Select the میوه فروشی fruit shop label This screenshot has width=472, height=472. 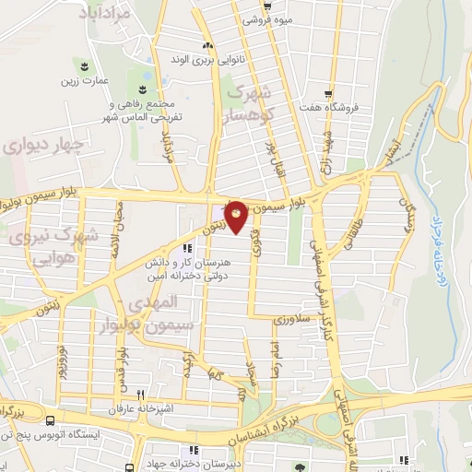tap(268, 18)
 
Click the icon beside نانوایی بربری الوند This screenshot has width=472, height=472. tap(208, 46)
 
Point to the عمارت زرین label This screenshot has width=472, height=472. tap(85, 80)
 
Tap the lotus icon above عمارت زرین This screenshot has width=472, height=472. tap(85, 65)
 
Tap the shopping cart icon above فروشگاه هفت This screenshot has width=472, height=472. tap(329, 93)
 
